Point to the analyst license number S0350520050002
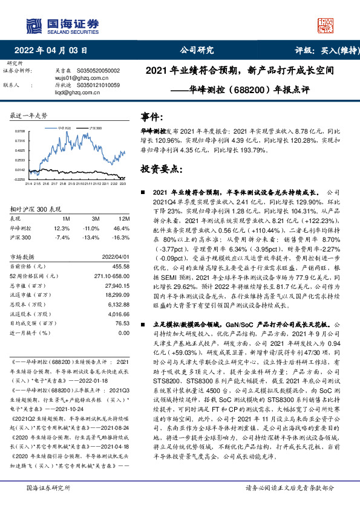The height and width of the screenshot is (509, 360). (x=98, y=71)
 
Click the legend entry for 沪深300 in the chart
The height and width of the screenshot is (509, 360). (x=98, y=128)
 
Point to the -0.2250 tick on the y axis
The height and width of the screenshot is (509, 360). (x=20, y=180)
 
